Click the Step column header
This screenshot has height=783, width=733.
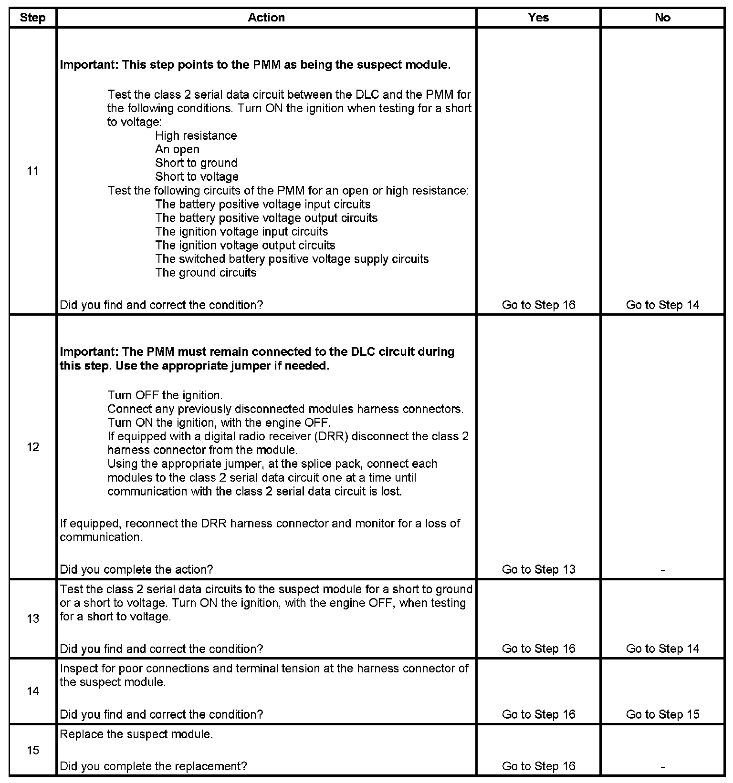pos(32,18)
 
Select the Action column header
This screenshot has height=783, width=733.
pos(266,18)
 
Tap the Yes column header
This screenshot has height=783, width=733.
pos(538,18)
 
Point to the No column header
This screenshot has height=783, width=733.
pos(662,18)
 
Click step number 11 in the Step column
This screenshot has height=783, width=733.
pos(32,171)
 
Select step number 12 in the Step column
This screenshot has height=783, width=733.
pos(32,447)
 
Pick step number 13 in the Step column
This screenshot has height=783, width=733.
pos(32,619)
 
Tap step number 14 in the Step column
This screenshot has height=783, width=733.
pos(32,691)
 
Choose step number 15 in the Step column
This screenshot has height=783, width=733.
pos(32,750)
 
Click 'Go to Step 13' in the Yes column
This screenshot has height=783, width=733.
pos(539,569)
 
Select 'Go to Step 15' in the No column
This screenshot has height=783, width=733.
pos(663,714)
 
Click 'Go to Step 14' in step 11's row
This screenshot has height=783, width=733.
pos(663,305)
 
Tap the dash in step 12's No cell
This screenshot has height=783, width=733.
pos(663,569)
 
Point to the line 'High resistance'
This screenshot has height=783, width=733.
pos(196,136)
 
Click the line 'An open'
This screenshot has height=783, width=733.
pos(177,149)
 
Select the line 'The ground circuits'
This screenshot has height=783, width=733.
pos(206,273)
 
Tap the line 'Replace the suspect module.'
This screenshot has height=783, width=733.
pos(136,734)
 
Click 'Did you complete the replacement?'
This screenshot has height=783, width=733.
pos(153,766)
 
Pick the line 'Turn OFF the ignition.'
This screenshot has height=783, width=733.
pos(165,395)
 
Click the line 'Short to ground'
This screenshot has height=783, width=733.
pos(196,163)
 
